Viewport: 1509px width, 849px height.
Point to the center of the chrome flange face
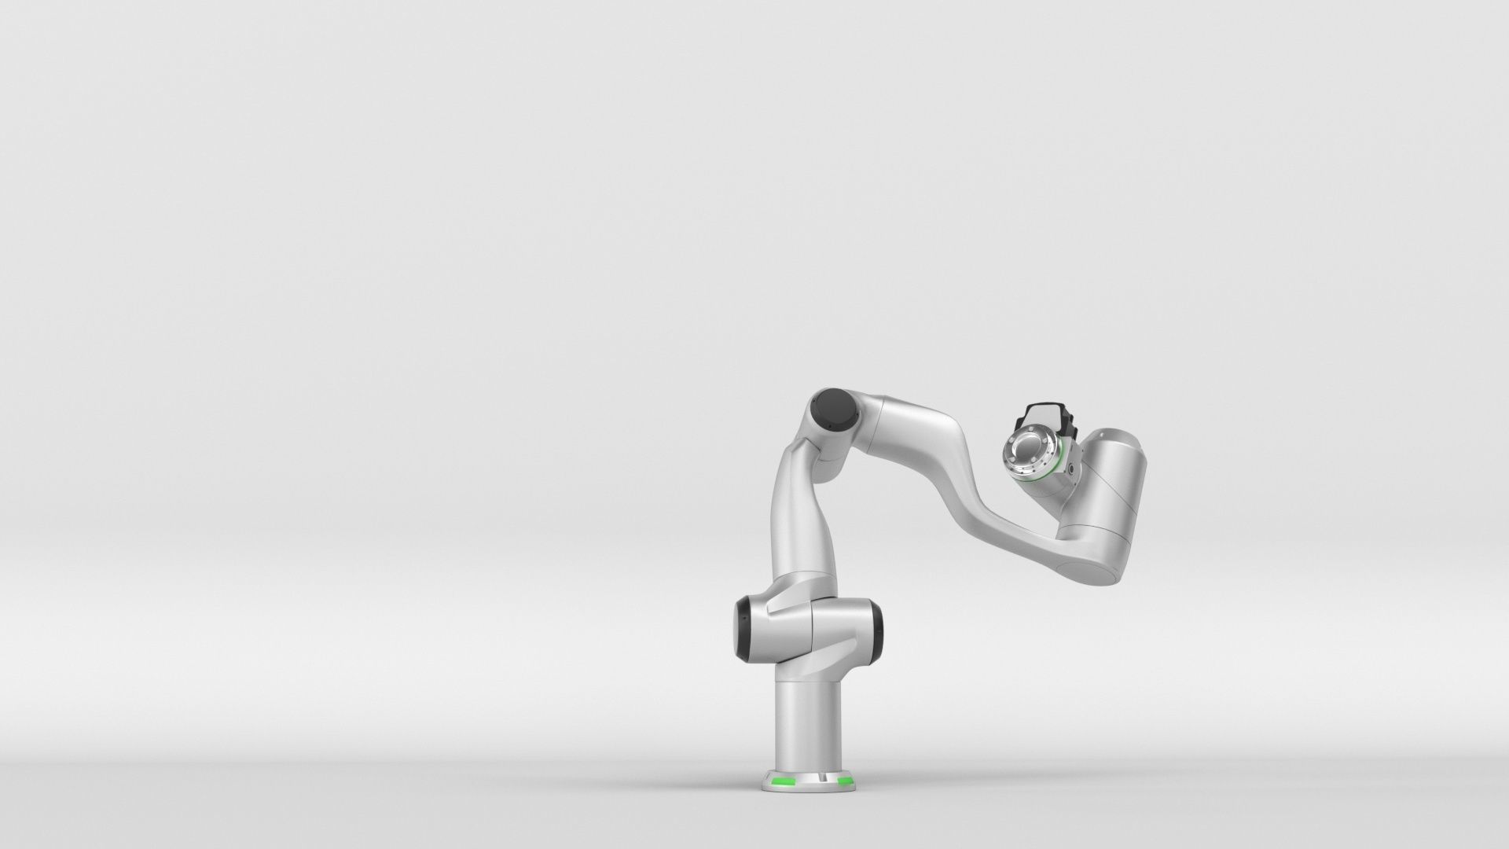point(1025,454)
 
